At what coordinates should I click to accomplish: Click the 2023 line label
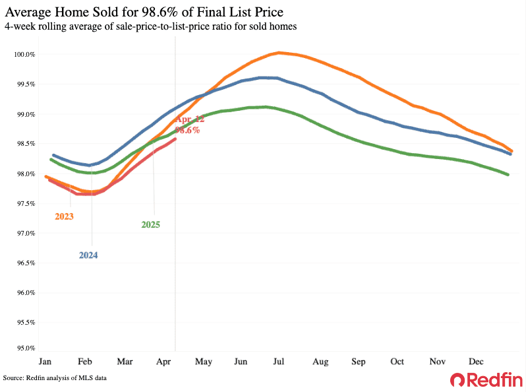[64, 216]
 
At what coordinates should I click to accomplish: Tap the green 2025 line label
[150, 224]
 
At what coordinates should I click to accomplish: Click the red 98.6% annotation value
[187, 130]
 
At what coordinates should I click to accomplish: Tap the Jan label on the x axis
[45, 362]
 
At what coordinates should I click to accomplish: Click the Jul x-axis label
[279, 362]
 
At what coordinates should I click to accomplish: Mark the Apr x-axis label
[163, 362]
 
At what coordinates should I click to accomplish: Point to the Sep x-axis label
[359, 362]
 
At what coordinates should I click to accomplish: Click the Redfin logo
[486, 379]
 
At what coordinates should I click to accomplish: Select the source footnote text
[55, 378]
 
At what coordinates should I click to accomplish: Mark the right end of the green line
[508, 174]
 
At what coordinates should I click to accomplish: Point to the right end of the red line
[175, 139]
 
